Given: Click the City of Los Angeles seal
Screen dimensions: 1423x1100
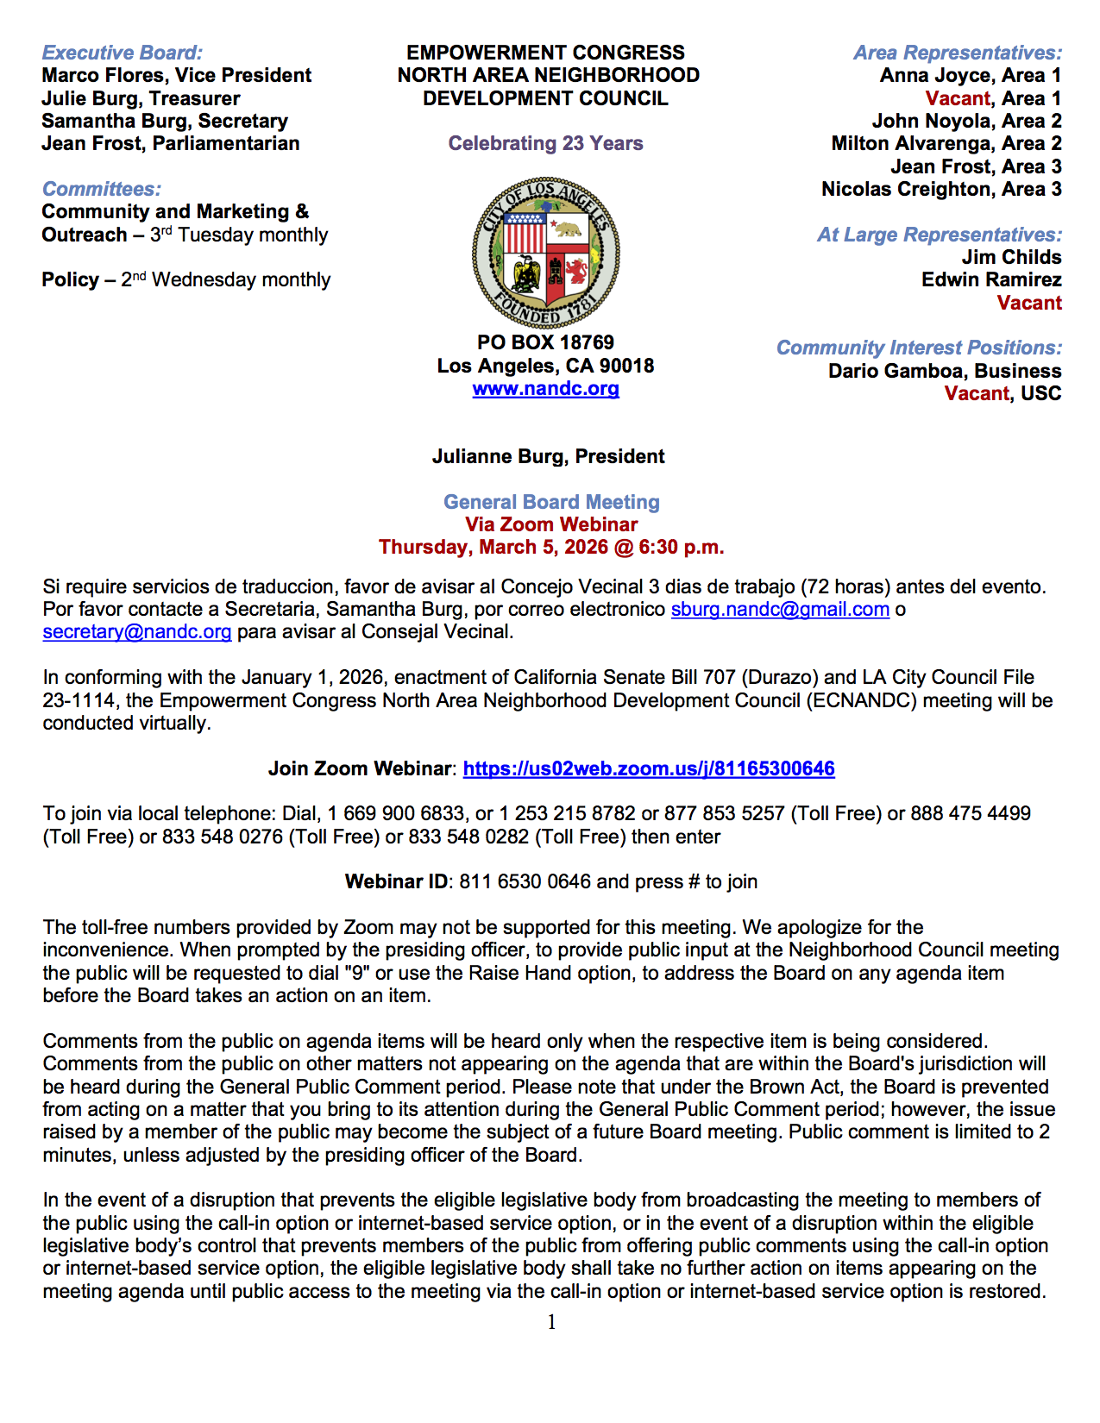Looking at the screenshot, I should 545,254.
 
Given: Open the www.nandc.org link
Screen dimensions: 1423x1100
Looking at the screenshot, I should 545,389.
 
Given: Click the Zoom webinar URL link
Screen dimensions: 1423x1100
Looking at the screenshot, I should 649,768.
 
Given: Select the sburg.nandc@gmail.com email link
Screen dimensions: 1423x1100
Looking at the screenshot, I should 780,610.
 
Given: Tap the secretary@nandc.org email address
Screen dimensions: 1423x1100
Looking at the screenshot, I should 137,632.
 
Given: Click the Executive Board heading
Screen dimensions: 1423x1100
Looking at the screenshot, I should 123,53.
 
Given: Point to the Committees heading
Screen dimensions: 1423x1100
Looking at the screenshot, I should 102,189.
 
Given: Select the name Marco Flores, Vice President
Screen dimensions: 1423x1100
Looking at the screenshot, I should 177,76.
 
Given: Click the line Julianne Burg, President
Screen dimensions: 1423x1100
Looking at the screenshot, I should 549,456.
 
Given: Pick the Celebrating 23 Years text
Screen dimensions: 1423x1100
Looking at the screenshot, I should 545,143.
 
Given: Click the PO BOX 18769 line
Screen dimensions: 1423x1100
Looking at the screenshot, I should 545,343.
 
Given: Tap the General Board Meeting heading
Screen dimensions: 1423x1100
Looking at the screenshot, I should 551,502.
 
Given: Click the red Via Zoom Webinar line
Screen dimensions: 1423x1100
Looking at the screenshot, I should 551,524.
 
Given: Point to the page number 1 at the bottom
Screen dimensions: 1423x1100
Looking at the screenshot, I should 551,1322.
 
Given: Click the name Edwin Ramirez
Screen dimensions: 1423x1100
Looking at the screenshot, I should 991,280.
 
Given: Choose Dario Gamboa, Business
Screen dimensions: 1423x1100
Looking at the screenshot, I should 945,371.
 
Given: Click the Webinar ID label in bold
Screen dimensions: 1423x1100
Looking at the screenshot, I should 396,881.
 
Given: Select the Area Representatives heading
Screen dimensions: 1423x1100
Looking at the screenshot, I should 958,53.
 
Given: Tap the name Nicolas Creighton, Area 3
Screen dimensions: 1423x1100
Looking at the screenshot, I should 941,189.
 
